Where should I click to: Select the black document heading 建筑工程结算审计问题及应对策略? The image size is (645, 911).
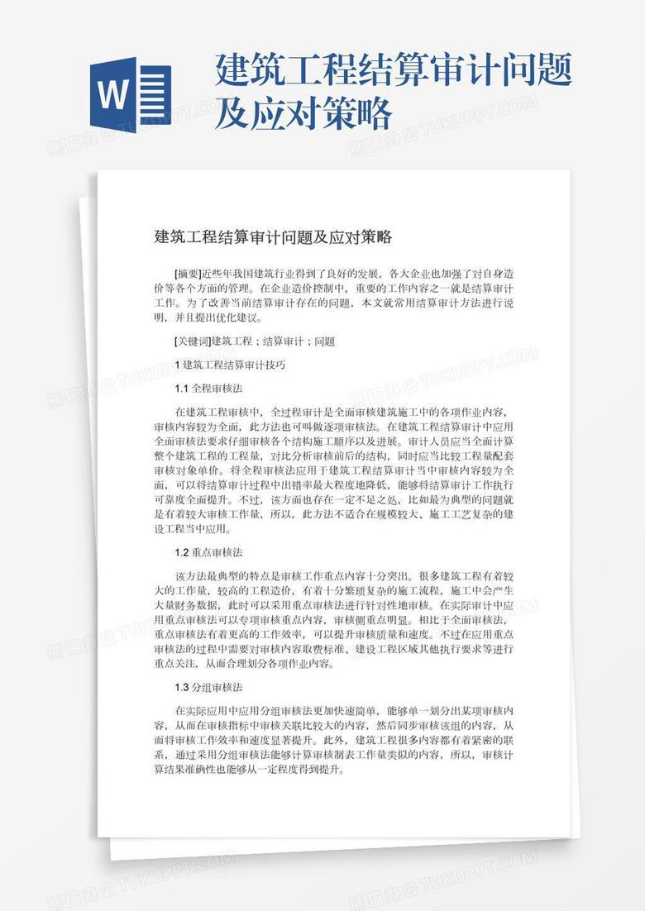pos(273,238)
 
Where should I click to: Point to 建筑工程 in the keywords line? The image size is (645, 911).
pos(232,341)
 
